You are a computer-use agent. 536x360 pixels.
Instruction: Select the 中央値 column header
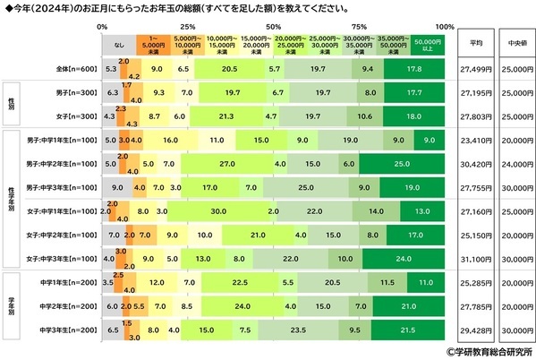coord(513,42)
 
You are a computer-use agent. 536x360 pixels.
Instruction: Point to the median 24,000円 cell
coord(513,164)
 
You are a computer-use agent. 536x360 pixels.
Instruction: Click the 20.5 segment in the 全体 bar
coord(230,68)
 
